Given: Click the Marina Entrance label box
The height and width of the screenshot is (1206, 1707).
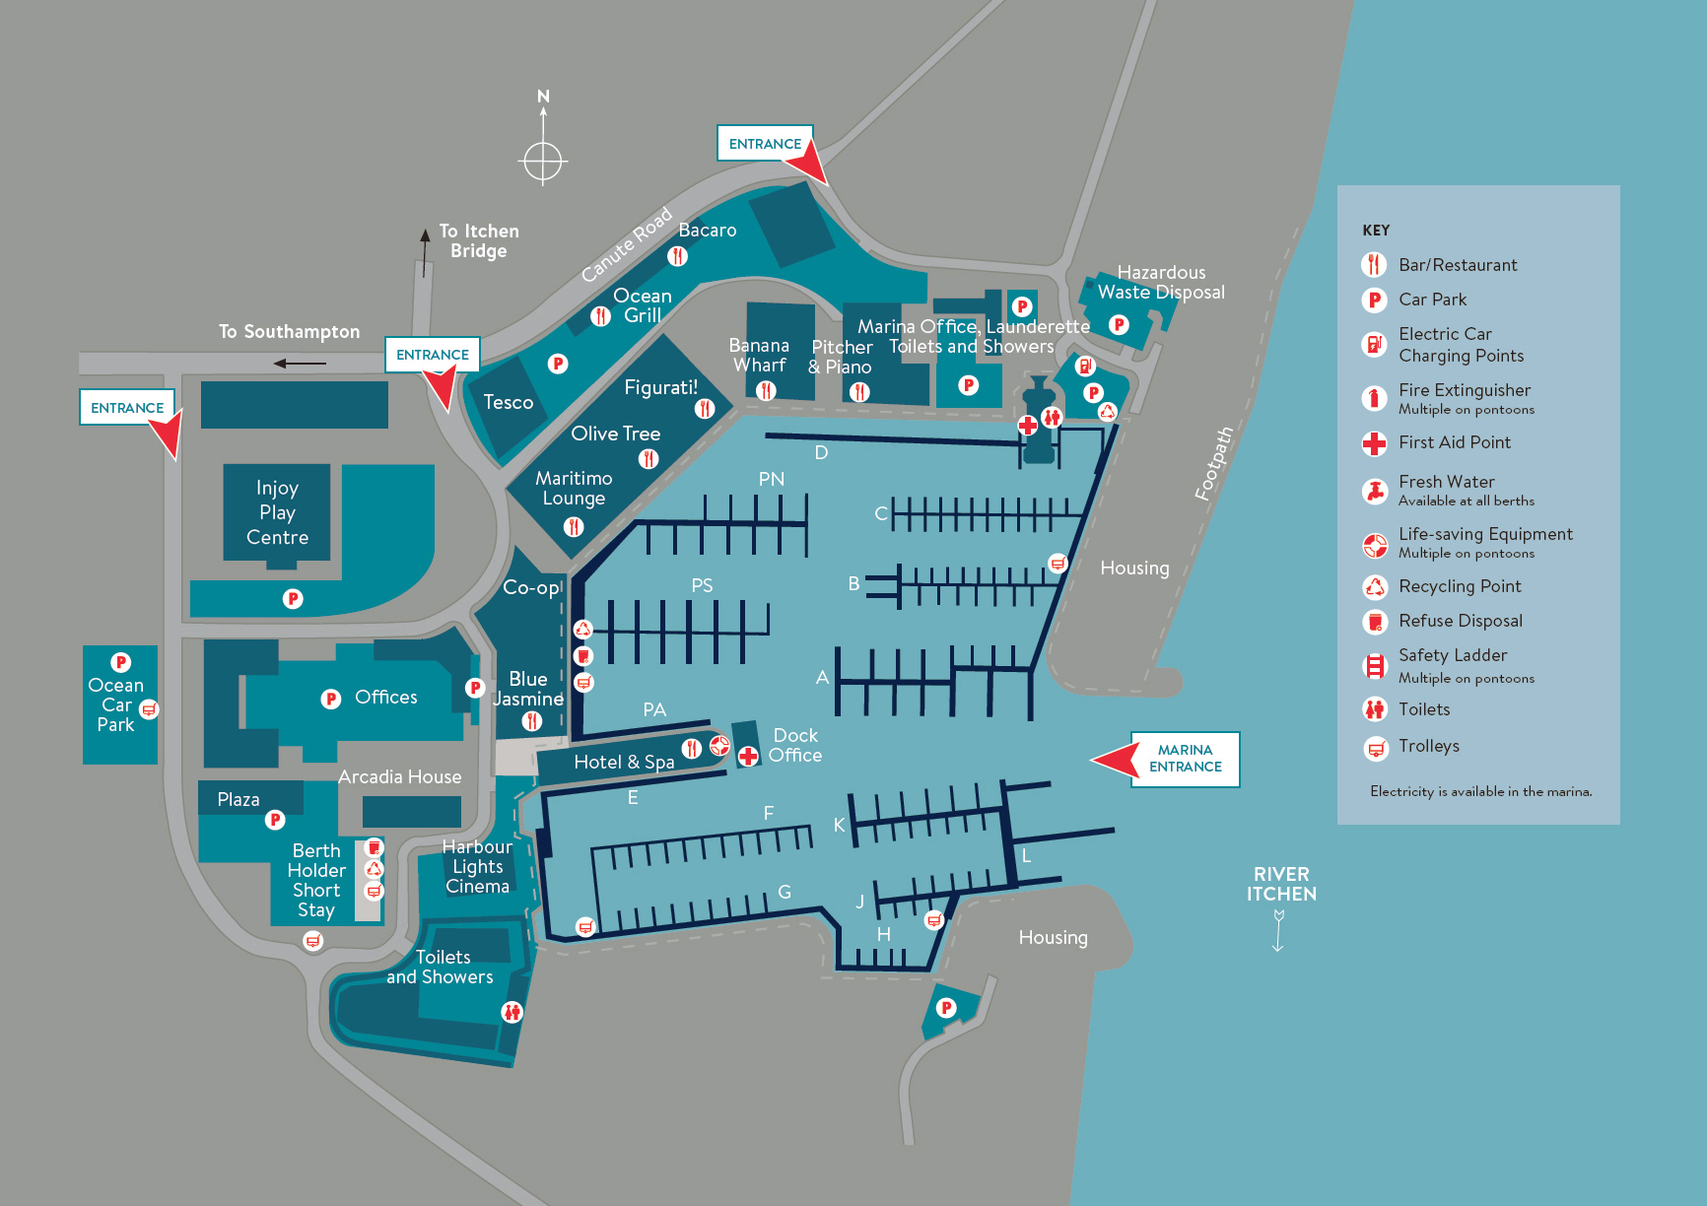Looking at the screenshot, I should tap(1185, 759).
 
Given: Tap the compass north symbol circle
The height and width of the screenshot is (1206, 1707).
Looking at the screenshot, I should tap(543, 161).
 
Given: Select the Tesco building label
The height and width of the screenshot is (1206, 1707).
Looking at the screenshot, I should tap(508, 402).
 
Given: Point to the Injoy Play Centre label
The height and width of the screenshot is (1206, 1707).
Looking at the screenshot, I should tap(277, 512).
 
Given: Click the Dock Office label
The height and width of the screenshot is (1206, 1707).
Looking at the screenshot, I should tap(795, 746).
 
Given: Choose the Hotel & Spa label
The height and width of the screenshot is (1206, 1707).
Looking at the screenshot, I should tap(624, 762).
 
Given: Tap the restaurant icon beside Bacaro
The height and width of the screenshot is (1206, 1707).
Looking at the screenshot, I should tap(677, 256).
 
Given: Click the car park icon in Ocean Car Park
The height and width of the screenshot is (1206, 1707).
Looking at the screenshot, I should tap(121, 663).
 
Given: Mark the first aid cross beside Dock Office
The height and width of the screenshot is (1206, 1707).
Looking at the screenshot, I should tap(748, 756).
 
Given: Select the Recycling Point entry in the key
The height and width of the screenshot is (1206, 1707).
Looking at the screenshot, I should tap(1460, 586).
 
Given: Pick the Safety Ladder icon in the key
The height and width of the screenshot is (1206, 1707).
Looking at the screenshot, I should tap(1374, 666).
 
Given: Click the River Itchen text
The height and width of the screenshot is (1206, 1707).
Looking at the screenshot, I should tap(1281, 884).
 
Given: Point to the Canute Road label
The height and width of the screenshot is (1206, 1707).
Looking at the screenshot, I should tap(626, 244).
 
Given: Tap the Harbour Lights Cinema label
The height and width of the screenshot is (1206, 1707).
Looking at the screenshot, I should tap(477, 867).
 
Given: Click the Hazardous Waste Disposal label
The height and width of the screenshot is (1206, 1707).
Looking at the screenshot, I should tap(1161, 282).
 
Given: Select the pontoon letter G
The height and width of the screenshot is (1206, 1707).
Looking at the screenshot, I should tap(785, 892).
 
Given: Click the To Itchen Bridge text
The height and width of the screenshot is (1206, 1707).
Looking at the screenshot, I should tap(479, 240).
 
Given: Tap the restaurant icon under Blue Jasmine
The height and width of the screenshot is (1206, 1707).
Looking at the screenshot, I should tap(532, 721).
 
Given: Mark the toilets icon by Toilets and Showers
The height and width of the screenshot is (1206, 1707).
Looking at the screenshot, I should tap(512, 1011).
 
